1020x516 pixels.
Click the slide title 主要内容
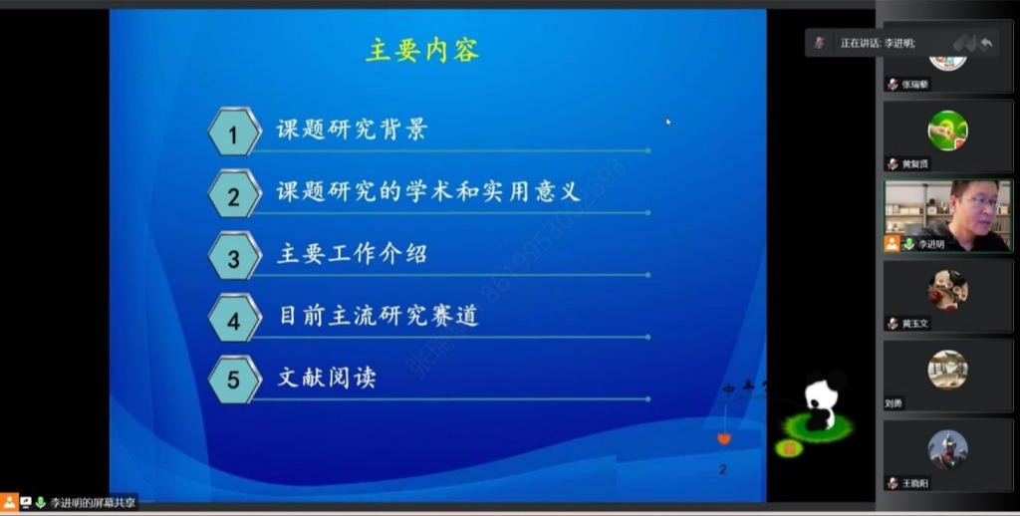[x=422, y=50]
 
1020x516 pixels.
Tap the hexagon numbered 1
[x=234, y=131]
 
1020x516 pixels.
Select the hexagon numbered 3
[x=234, y=257]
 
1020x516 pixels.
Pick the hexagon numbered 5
[x=234, y=380]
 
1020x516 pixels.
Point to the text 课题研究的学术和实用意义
[x=441, y=191]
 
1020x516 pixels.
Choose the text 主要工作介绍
[x=352, y=253]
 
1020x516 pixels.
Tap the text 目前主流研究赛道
[x=379, y=316]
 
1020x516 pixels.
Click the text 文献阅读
[x=327, y=378]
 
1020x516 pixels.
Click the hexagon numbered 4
[x=234, y=319]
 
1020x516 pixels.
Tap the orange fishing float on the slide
[x=724, y=436]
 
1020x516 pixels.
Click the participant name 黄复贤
[x=915, y=164]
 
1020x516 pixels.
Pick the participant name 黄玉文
[x=915, y=324]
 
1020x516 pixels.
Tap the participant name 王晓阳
[x=915, y=483]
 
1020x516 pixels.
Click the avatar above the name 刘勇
[x=947, y=370]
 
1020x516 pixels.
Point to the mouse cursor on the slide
[x=668, y=122]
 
